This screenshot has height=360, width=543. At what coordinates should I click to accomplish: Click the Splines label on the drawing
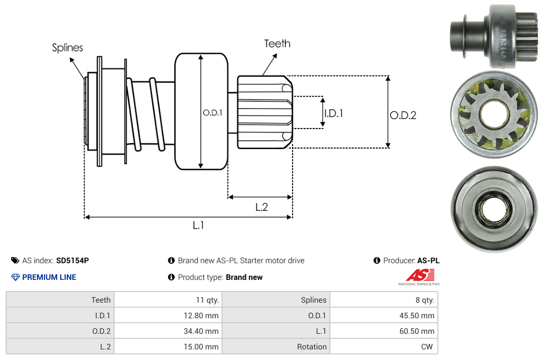(67, 48)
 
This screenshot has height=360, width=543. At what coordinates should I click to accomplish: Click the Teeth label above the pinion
(277, 43)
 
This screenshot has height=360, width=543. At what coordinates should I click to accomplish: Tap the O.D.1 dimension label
(213, 112)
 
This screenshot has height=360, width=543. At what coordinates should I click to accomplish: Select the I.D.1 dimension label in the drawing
(334, 113)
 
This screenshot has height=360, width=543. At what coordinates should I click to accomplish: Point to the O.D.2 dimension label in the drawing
(403, 115)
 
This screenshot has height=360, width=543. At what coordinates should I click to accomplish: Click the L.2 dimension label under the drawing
(261, 207)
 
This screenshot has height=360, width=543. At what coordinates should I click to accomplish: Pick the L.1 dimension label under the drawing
(199, 225)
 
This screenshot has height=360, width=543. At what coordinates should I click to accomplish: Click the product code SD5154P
(72, 260)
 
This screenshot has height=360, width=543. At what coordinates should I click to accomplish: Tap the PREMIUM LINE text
(49, 277)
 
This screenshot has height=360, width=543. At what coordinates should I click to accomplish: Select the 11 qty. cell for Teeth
(208, 300)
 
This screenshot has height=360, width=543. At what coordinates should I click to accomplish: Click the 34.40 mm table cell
(204, 331)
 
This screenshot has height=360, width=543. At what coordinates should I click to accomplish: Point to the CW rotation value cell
(428, 347)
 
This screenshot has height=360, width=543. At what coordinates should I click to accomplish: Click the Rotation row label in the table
(312, 347)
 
